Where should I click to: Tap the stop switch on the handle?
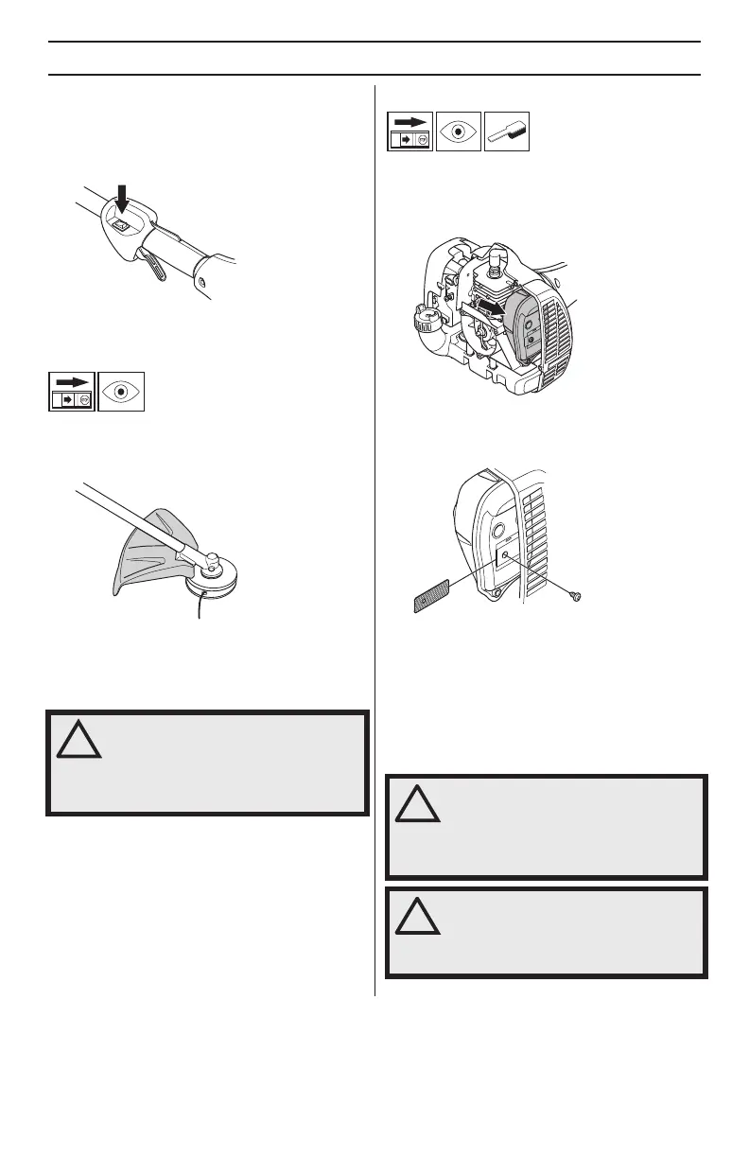[119, 225]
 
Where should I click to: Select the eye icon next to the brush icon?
[459, 132]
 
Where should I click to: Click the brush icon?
[506, 132]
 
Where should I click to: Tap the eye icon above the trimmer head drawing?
[121, 391]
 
